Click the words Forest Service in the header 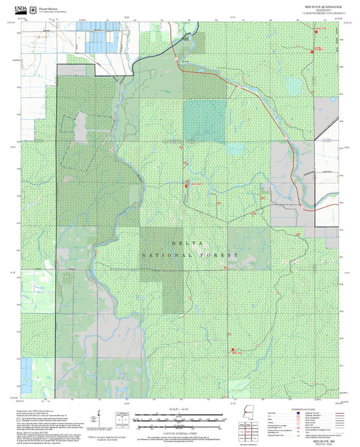[48, 7]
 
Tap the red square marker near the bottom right [233, 350]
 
